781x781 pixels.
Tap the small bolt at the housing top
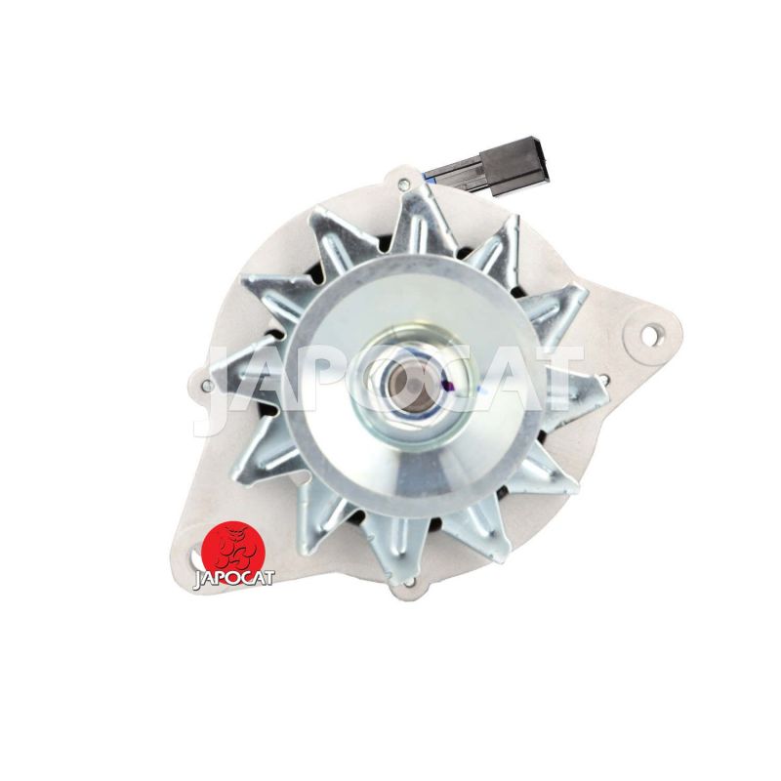click(403, 185)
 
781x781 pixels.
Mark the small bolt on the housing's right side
click(603, 380)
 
